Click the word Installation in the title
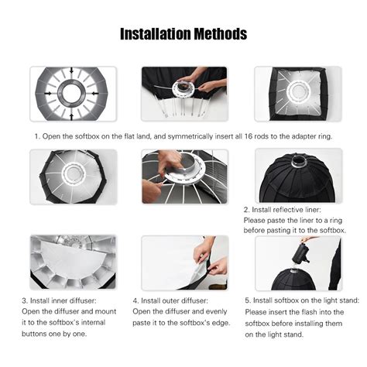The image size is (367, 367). (155, 35)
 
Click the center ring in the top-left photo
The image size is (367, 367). (73, 93)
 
